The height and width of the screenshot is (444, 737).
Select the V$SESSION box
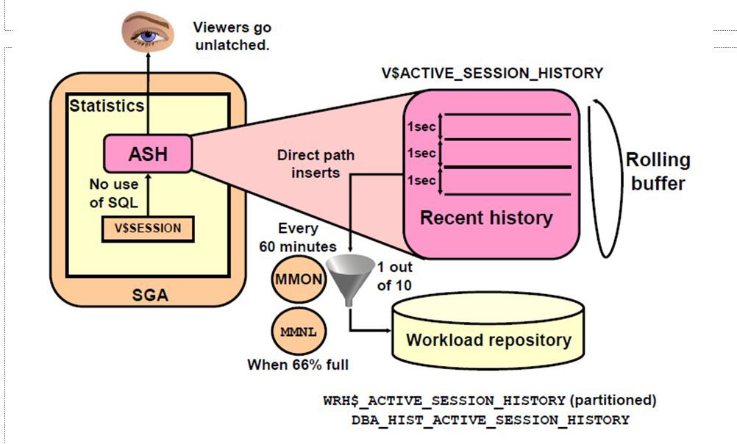147,228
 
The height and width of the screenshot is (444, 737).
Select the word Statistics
107,105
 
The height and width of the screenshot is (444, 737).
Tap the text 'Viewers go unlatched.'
232,36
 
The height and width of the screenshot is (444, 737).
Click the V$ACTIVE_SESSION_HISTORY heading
491,73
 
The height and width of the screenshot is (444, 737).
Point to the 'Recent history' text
486,218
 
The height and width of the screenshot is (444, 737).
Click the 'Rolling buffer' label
658,171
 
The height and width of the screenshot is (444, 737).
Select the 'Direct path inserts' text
316,164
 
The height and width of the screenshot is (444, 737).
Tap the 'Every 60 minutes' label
297,237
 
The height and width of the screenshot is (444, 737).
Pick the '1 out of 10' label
394,276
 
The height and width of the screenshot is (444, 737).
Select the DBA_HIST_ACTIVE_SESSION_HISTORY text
491,420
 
